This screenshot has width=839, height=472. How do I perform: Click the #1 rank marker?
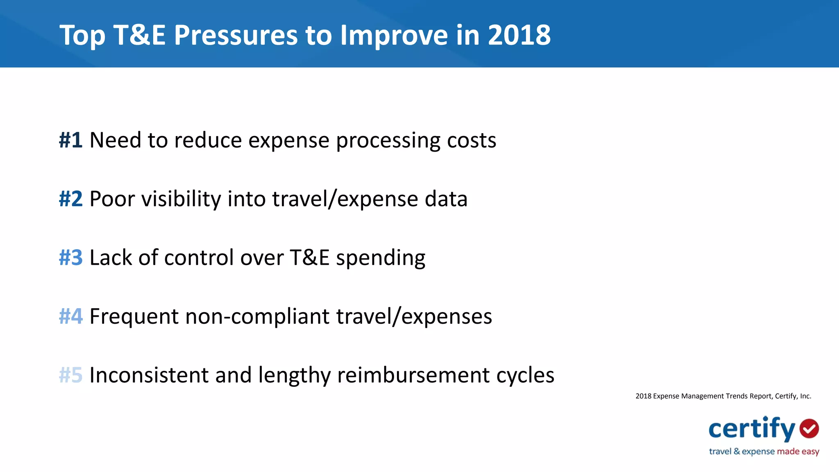(71, 140)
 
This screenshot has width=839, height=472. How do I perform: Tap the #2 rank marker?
(71, 199)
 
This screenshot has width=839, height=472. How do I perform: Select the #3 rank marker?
(71, 257)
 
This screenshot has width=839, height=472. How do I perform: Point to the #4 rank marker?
(71, 316)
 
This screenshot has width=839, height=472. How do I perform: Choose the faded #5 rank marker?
(71, 375)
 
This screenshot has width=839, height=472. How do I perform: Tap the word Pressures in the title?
(236, 35)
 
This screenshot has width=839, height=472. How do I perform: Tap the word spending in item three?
(381, 259)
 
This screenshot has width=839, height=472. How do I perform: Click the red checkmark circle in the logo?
(809, 429)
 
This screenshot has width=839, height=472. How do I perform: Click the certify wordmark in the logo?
(752, 429)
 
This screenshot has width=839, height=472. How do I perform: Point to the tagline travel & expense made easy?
(764, 452)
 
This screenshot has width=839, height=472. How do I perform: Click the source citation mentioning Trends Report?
(723, 396)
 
